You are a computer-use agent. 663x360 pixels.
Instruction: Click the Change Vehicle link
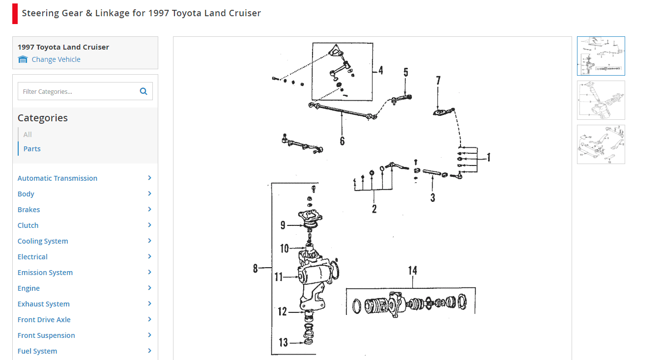[x=56, y=59]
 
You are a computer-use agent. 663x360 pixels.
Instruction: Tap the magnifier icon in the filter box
[x=144, y=91]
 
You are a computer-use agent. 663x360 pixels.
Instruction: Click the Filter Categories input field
[x=79, y=91]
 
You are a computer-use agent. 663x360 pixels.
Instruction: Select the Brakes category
[x=29, y=210]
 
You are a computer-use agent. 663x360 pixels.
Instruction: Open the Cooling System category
[x=43, y=241]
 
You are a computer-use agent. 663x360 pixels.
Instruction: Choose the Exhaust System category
[x=43, y=304]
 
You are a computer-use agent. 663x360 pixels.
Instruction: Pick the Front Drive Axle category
[x=44, y=320]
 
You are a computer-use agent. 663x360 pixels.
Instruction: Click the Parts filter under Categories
[x=32, y=149]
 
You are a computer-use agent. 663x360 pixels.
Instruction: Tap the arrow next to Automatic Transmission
[x=149, y=178]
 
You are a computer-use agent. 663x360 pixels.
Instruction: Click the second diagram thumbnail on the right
[x=601, y=100]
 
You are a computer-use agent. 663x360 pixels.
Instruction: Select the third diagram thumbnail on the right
[x=601, y=144]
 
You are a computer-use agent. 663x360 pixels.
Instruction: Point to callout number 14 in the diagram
[x=412, y=271]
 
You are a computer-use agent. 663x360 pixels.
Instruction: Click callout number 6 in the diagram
[x=342, y=141]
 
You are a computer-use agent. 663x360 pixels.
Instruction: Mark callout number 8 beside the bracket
[x=256, y=268]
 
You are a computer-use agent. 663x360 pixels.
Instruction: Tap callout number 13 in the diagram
[x=284, y=342]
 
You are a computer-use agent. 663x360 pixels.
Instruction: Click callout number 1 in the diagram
[x=489, y=157]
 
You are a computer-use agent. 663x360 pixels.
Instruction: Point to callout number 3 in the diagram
[x=432, y=197]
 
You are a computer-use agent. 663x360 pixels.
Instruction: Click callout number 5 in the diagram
[x=405, y=73]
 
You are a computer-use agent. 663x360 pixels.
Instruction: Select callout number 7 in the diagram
[x=438, y=81]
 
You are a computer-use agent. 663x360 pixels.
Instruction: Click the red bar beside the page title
[x=15, y=14]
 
